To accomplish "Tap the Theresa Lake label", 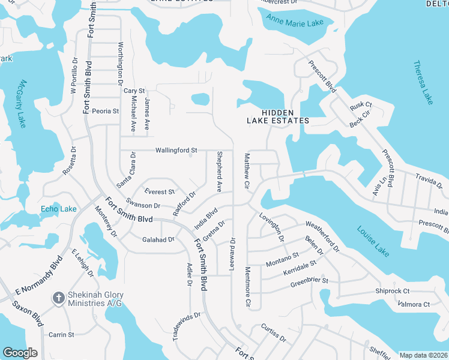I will click(423, 83).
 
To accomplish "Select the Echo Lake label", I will click(58, 209).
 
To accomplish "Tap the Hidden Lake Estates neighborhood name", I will click(278, 116).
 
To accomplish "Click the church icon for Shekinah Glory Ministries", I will click(58, 298).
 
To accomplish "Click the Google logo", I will click(20, 353).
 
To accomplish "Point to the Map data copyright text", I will click(423, 355).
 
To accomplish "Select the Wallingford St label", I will click(176, 150).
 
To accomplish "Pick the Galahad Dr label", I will click(158, 239).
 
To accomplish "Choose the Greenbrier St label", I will click(309, 280).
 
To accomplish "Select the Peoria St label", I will click(105, 111).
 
